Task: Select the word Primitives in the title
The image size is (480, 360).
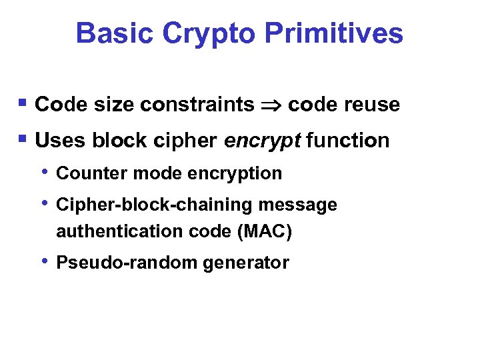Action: click(x=331, y=33)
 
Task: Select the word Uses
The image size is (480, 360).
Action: click(x=60, y=141)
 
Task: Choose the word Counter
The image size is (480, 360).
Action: click(x=92, y=173)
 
